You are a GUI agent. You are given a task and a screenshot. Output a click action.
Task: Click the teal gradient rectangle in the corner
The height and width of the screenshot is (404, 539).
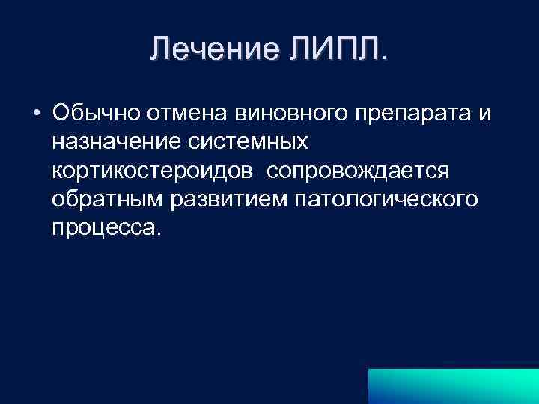453,384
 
